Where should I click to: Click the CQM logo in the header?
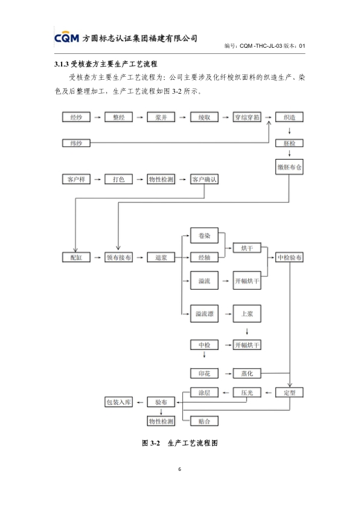tap(66, 37)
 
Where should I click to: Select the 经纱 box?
tap(76, 117)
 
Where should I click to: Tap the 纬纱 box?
tap(76, 143)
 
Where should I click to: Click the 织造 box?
tap(289, 117)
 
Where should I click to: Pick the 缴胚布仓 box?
tap(289, 167)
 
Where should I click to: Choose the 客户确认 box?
tap(204, 179)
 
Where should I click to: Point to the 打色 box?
tap(119, 179)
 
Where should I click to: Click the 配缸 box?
tap(76, 258)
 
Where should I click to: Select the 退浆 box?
tap(161, 258)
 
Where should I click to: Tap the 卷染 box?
tap(204, 236)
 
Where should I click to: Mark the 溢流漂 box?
tap(204, 314)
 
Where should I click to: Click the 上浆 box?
tap(247, 314)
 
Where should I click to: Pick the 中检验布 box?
tap(289, 258)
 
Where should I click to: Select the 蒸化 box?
tap(247, 374)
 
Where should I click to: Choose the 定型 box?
tap(289, 392)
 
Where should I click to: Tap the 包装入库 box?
tap(119, 402)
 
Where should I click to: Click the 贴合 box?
tap(204, 421)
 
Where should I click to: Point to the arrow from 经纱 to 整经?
tap(97, 117)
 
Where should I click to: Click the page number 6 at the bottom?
tap(179, 469)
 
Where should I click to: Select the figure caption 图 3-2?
tap(151, 443)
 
